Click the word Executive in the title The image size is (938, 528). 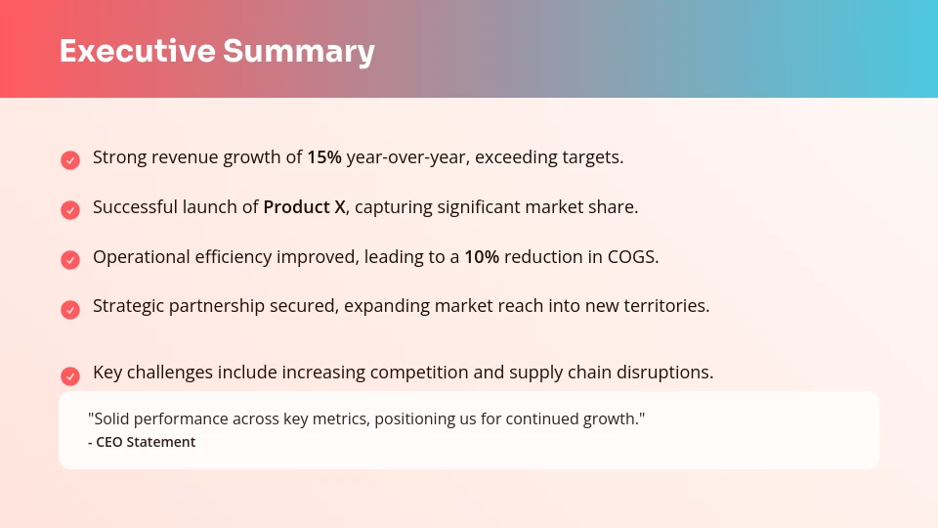136,51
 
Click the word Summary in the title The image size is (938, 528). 298,51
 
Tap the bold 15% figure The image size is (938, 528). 324,157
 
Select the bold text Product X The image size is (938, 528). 305,207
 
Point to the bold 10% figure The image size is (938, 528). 482,257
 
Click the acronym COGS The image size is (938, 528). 632,257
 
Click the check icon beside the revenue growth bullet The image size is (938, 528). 70,159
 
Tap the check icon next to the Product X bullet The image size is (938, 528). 70,209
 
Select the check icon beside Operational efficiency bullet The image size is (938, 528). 70,259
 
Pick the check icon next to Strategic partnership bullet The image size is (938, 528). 70,309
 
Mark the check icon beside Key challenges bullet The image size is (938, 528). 70,375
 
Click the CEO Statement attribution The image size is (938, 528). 142,442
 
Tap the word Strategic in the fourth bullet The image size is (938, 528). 129,306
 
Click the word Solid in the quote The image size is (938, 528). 109,418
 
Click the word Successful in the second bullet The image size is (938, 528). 134,207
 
